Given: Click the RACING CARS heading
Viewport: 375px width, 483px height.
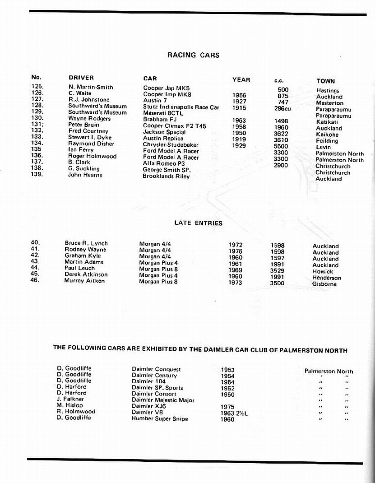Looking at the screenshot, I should [193, 55].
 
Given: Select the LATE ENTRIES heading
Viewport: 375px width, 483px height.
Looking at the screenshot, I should [198, 223].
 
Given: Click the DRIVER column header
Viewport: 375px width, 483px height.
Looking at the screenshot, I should [81, 78].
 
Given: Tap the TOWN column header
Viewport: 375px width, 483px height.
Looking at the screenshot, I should [325, 81].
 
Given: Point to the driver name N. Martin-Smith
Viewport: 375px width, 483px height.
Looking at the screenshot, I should [91, 87].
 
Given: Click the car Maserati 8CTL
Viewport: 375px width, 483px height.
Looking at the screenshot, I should [163, 113].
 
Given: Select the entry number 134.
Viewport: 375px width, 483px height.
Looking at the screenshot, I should [37, 144].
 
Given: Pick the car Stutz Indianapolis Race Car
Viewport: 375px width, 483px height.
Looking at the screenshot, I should [181, 107].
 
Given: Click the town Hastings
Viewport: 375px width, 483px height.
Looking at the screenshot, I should [328, 91].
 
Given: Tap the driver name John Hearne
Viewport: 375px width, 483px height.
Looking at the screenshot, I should [85, 175].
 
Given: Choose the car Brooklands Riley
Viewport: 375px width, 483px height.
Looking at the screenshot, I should [166, 176].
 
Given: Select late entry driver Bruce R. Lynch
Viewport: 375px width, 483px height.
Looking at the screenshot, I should [86, 243].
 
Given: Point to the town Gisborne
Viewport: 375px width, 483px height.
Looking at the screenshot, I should [324, 284].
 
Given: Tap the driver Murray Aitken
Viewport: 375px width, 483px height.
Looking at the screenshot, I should [84, 281].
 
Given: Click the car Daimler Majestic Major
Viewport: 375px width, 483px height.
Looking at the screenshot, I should [163, 400].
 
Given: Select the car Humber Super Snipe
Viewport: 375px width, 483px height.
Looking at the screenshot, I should [159, 418].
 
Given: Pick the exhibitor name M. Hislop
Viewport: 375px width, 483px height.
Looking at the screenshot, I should [69, 405].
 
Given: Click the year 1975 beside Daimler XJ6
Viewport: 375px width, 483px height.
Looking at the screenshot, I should [228, 407].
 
